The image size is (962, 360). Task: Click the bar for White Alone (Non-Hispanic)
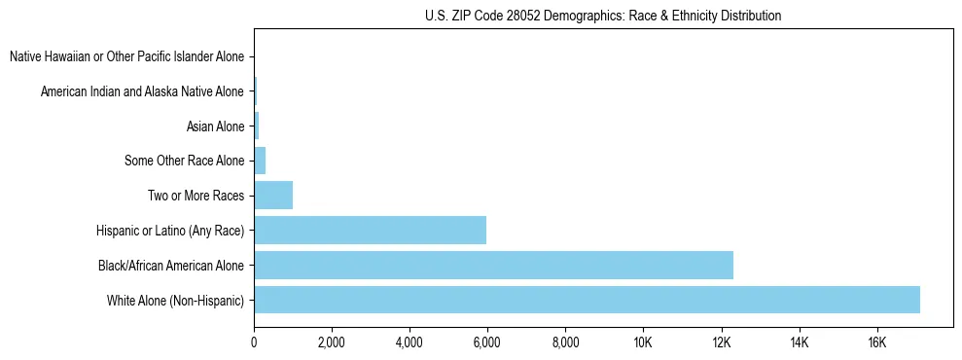pos(587,300)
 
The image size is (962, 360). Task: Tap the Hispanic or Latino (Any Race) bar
pos(370,230)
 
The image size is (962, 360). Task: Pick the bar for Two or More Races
pos(273,195)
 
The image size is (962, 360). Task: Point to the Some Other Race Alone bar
pos(260,161)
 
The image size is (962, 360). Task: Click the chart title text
pos(603,16)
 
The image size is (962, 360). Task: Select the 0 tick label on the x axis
pos(254,342)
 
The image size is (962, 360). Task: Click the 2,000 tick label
pos(332,342)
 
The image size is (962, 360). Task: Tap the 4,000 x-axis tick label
pos(410,342)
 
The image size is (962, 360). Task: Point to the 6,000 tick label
pos(487,342)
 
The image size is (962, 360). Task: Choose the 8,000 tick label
pos(565,342)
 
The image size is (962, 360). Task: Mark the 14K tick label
pos(799,342)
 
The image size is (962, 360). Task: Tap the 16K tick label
pos(876,342)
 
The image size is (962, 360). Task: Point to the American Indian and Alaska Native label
pos(142,91)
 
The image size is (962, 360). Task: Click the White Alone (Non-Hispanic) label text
pos(176,301)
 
